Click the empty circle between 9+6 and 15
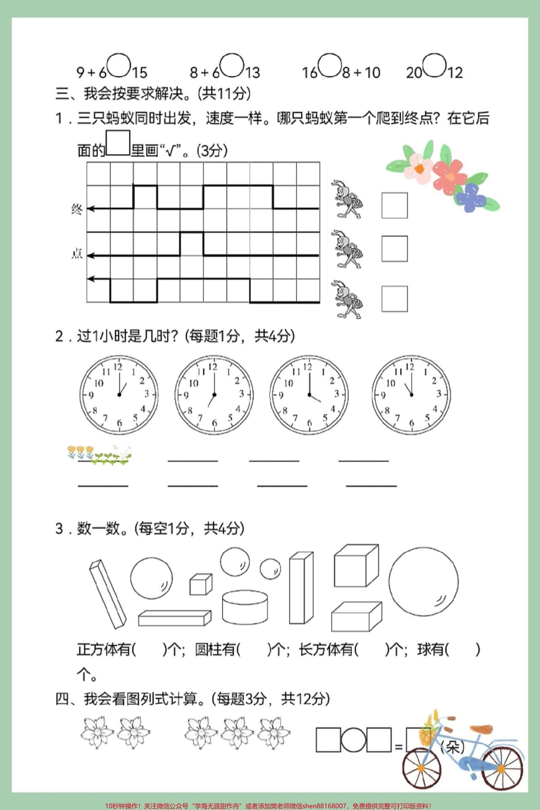pyautogui.click(x=119, y=65)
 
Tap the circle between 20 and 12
pyautogui.click(x=434, y=65)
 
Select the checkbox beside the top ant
pyautogui.click(x=394, y=205)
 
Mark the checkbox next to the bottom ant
pyautogui.click(x=394, y=299)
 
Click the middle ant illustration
pyautogui.click(x=347, y=250)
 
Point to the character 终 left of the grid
pyautogui.click(x=77, y=209)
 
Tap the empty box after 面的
pyautogui.click(x=118, y=143)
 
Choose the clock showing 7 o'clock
pyautogui.click(x=214, y=394)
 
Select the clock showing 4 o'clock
pyautogui.click(x=309, y=394)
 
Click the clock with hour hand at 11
pyautogui.click(x=410, y=394)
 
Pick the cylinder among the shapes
pyautogui.click(x=244, y=607)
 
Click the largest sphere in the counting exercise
pyautogui.click(x=423, y=581)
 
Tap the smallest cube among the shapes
pyautogui.click(x=201, y=584)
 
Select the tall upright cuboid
pyautogui.click(x=301, y=589)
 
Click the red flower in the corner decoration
pyautogui.click(x=450, y=176)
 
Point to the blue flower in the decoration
pyautogui.click(x=471, y=197)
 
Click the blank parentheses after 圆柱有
pyautogui.click(x=254, y=649)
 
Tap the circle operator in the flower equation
pyautogui.click(x=353, y=740)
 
